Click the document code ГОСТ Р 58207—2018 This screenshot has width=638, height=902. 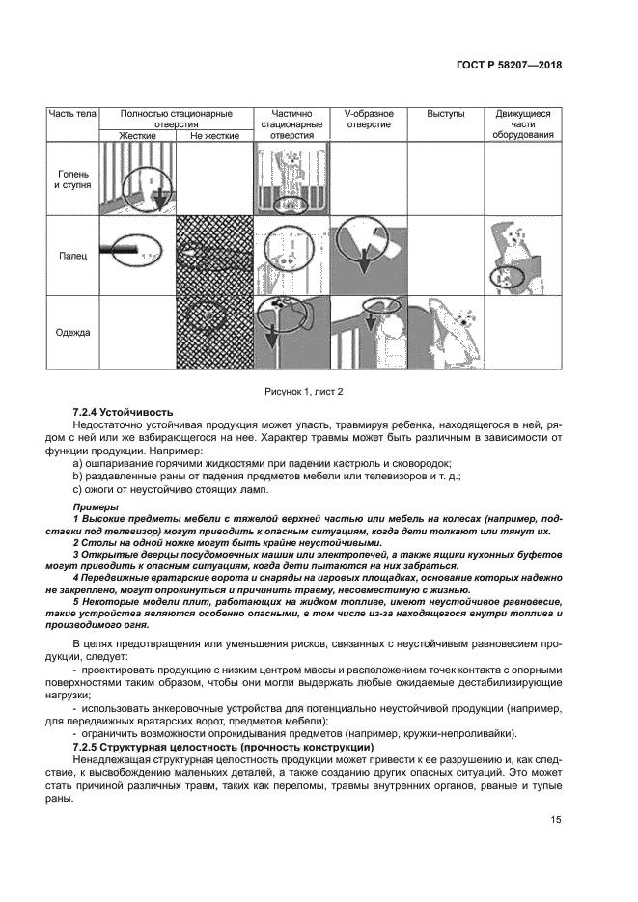tap(510, 66)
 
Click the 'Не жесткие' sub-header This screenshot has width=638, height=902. tap(214, 136)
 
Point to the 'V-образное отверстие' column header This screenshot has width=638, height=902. tap(367, 120)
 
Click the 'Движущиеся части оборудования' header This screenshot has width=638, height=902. tap(523, 124)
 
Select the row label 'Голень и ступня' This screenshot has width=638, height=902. tap(72, 178)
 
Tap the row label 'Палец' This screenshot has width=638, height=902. tap(72, 257)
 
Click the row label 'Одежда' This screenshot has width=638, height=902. tap(72, 333)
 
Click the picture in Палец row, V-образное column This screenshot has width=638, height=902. tap(367, 255)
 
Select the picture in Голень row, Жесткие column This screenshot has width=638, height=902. tap(137, 179)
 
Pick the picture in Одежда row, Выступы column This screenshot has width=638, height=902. tap(445, 333)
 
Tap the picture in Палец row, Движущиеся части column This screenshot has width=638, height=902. tap(523, 255)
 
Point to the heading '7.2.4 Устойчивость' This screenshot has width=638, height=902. tap(119, 412)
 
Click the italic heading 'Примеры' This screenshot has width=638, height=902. tap(96, 506)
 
